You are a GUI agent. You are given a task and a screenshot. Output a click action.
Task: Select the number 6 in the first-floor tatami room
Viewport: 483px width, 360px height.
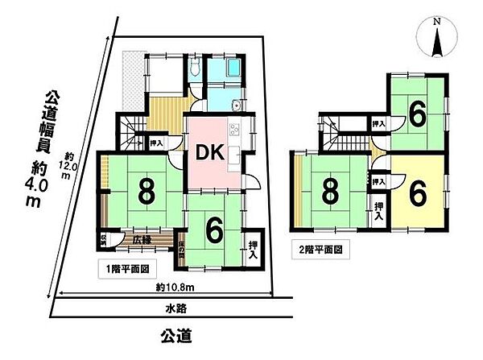click(x=214, y=230)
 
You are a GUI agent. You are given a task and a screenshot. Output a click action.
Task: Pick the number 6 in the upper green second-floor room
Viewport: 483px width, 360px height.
click(x=416, y=114)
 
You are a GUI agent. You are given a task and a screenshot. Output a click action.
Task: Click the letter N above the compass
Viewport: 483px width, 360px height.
click(x=435, y=23)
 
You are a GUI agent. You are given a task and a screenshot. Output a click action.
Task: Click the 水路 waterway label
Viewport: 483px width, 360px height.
click(x=165, y=308)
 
